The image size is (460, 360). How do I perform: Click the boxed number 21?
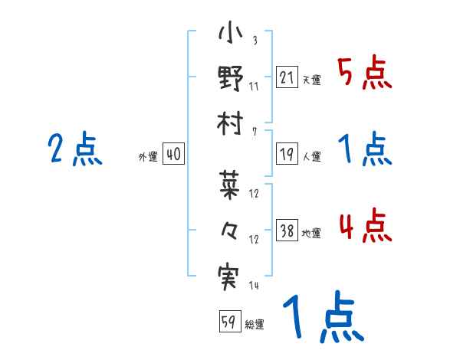coord(286,78)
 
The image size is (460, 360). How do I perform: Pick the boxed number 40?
coord(173,154)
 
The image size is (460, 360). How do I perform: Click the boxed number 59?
coord(228,322)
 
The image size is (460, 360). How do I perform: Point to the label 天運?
coord(311,80)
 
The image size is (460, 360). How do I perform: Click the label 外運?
coord(148,156)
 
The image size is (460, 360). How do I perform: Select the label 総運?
coord(255,324)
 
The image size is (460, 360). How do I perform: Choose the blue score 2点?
coord(74,150)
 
